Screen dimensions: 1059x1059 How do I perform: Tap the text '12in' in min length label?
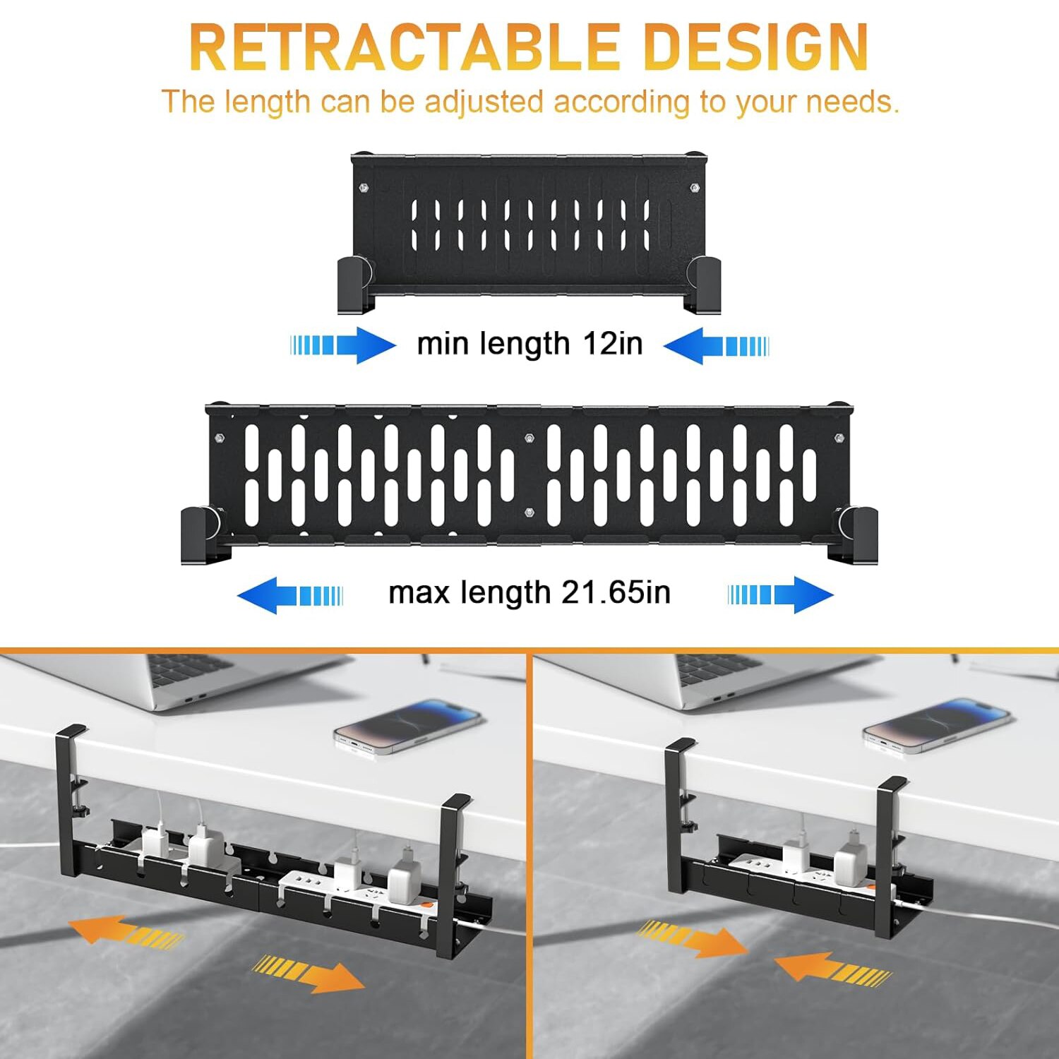613,344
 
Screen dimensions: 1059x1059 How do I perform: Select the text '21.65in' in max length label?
616,592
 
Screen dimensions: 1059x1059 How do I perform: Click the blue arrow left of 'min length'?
344,345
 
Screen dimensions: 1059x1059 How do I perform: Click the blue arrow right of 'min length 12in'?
717,345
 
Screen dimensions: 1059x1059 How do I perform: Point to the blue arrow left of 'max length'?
290,595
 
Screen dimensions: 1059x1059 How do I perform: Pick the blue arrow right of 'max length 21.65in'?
781,594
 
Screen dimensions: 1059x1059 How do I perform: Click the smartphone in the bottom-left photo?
409,727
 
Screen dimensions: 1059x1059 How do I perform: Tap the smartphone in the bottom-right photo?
938,726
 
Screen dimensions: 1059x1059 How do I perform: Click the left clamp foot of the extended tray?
203,535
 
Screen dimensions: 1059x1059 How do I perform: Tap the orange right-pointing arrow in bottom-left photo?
309,974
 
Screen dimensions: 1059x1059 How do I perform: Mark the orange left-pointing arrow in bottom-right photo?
833,968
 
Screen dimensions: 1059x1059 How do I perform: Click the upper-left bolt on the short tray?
364,188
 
